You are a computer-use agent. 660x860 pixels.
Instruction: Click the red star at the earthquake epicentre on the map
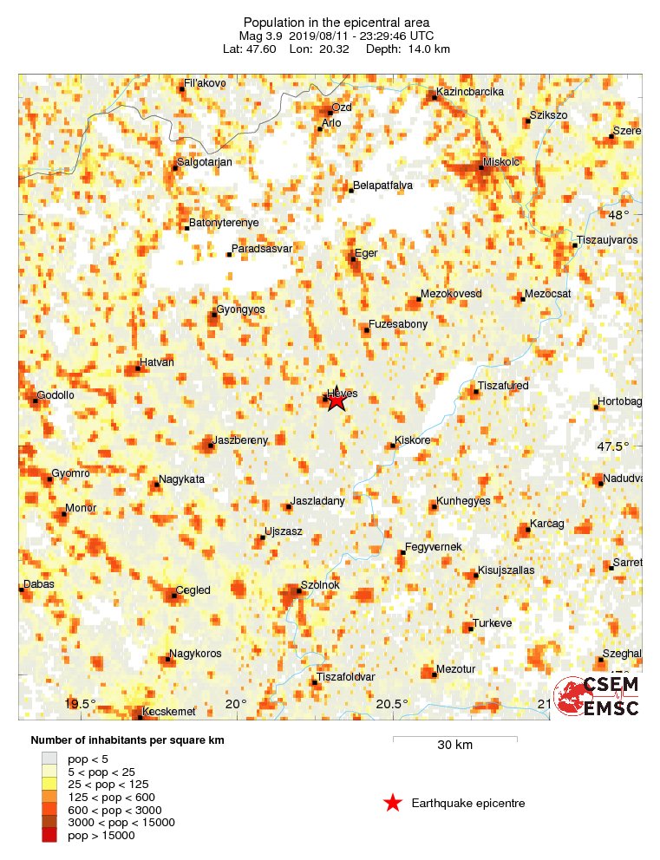coord(337,399)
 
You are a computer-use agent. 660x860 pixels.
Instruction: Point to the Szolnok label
coord(320,585)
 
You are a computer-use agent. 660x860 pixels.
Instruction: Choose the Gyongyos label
coord(240,309)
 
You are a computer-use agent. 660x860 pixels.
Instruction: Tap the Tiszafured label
coord(503,386)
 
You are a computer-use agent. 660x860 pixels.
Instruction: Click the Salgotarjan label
coord(205,161)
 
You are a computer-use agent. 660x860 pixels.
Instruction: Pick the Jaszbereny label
coord(240,440)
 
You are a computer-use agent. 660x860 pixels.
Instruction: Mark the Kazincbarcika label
coord(469,91)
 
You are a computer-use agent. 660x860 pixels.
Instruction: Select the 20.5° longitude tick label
coord(391,703)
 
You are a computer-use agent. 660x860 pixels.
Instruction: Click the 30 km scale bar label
coord(454,745)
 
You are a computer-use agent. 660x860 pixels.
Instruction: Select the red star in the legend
coord(393,804)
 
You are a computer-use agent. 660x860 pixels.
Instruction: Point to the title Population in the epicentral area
coord(337,22)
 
